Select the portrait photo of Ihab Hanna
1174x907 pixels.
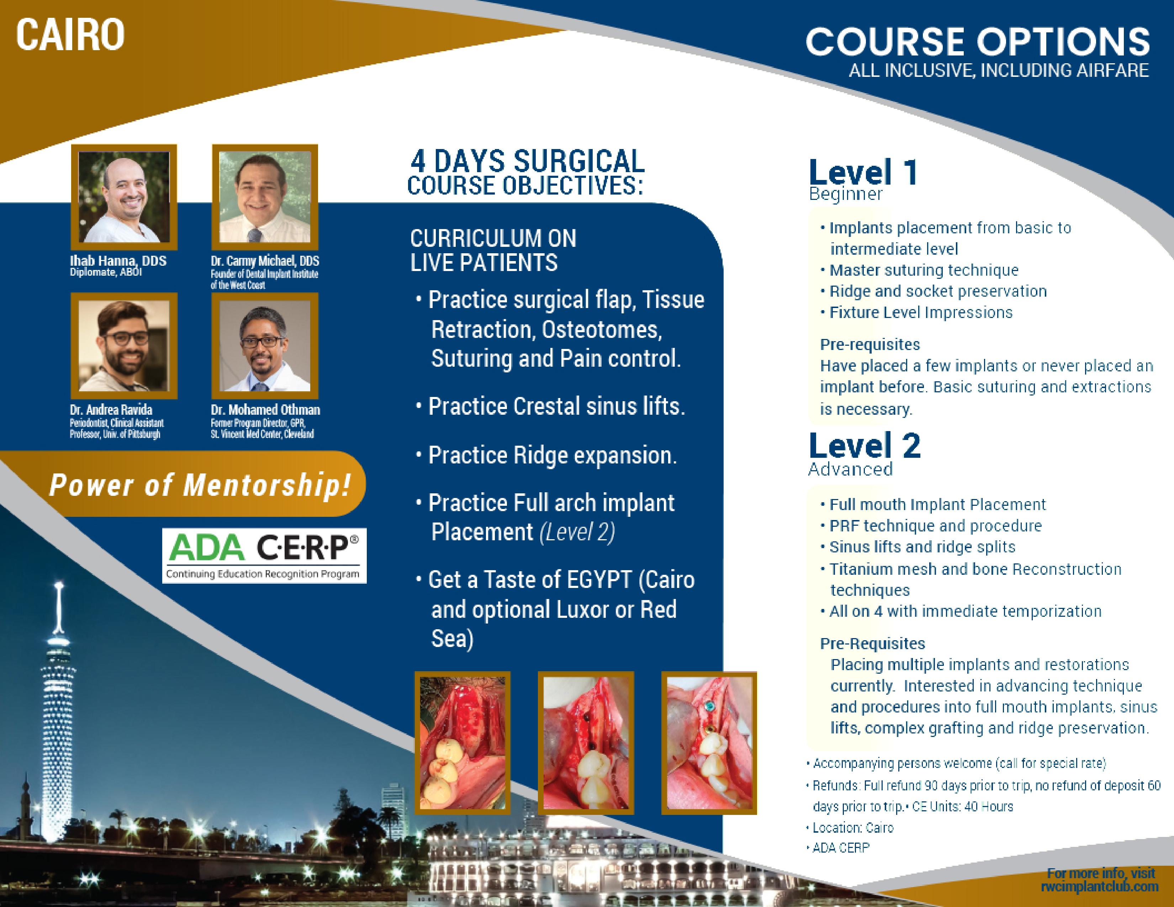tap(124, 197)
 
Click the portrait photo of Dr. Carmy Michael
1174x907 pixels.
tap(265, 197)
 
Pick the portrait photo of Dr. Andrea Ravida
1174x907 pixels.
tap(124, 345)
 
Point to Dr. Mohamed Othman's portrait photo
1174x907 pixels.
tap(265, 345)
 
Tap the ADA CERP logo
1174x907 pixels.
tap(264, 556)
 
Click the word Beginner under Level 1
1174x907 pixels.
tap(846, 194)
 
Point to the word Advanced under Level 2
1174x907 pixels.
tap(850, 469)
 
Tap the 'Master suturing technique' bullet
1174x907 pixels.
tap(919, 270)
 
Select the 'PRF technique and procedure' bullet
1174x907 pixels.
tap(931, 525)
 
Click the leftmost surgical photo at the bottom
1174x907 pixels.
tap(462, 743)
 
